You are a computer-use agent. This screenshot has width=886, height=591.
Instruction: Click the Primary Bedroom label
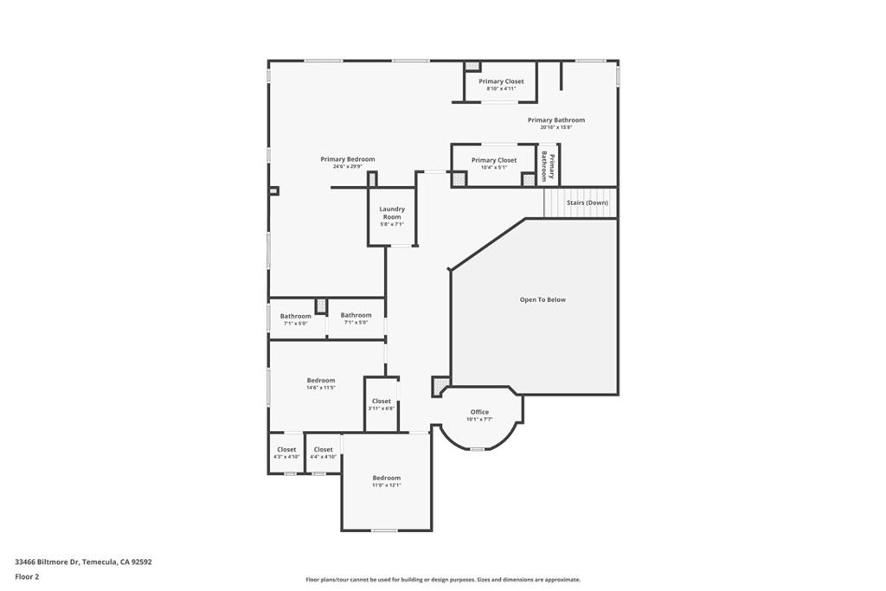tap(347, 159)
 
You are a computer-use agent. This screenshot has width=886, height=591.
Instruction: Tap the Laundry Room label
tap(392, 212)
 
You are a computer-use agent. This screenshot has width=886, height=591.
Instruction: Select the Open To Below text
tap(543, 299)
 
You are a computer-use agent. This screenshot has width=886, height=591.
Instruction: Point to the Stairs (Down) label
tap(587, 202)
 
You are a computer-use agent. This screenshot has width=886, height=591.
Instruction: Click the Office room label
tap(479, 412)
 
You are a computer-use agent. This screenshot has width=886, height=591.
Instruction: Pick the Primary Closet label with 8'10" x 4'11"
tap(501, 81)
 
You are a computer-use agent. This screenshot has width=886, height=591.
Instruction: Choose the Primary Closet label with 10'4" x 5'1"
tap(494, 160)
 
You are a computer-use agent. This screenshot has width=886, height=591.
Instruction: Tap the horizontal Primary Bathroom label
tap(555, 120)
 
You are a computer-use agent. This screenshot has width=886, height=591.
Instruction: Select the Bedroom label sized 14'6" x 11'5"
tap(320, 381)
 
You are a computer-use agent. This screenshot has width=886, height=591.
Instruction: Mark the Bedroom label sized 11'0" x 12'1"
tap(387, 478)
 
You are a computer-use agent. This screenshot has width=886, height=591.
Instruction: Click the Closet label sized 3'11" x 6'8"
tap(382, 401)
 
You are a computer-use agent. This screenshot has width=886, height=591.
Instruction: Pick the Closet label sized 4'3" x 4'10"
tap(286, 450)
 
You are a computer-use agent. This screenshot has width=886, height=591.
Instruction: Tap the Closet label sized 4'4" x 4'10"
tap(323, 450)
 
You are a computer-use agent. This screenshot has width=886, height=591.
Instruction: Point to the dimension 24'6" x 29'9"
tap(347, 166)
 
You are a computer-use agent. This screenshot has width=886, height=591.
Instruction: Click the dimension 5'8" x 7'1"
tap(392, 224)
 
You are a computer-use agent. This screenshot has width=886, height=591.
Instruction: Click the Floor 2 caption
tap(27, 576)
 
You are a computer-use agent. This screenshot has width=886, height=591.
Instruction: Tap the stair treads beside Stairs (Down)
tap(554, 202)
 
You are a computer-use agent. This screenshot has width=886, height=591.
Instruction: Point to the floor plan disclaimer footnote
tap(442, 580)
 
